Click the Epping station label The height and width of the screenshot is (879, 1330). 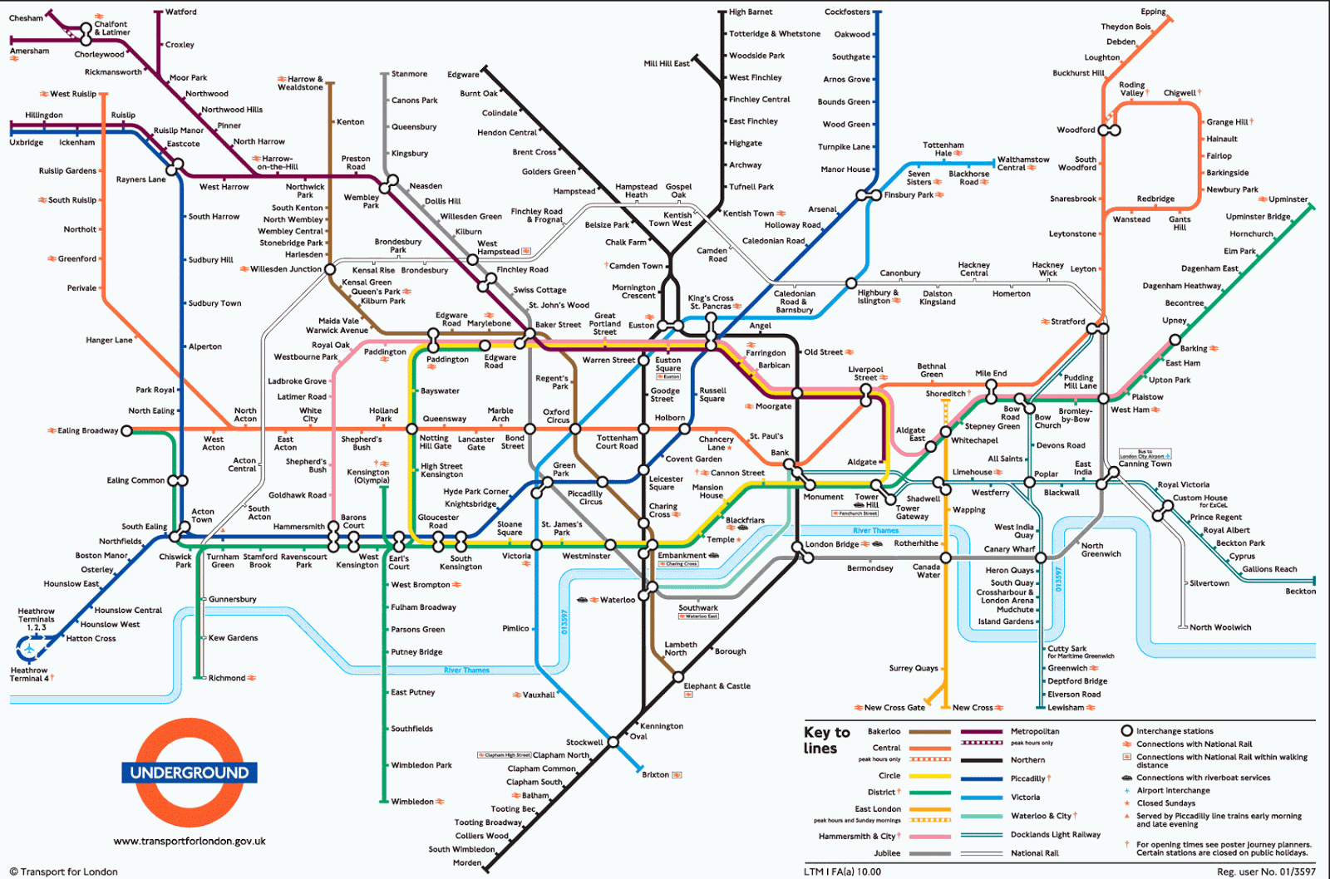[x=1153, y=12]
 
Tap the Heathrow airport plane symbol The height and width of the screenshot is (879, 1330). [x=28, y=648]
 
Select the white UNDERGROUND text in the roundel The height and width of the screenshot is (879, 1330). [x=190, y=773]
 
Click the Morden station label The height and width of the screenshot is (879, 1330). [x=466, y=862]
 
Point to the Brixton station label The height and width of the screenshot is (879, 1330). [x=655, y=774]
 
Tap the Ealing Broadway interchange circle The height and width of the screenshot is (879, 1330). [x=126, y=430]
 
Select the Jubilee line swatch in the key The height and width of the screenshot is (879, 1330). [x=930, y=853]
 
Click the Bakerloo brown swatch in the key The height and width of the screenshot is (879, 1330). [x=930, y=732]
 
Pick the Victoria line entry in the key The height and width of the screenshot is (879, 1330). [x=1025, y=797]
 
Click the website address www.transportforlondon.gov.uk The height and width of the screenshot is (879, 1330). [x=190, y=841]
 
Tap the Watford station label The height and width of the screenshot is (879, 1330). [x=181, y=12]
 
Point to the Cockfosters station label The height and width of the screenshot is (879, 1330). [x=847, y=12]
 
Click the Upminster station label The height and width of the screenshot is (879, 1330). [x=1288, y=199]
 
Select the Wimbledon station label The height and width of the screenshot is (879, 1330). [x=412, y=802]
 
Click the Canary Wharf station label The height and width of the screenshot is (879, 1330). [x=1009, y=549]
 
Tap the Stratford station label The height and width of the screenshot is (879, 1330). [x=1067, y=322]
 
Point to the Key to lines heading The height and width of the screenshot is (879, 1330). [x=826, y=739]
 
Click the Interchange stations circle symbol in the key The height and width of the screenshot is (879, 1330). [x=1127, y=731]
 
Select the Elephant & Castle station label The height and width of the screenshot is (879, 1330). [x=717, y=686]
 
